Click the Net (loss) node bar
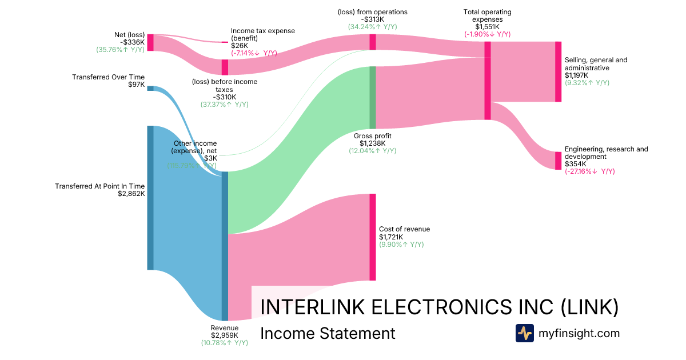150,42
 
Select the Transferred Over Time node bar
150,88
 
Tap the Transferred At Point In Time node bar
150,198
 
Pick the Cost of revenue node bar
372,237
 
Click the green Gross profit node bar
372,98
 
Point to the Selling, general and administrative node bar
558,71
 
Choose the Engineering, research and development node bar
558,161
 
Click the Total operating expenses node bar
488,81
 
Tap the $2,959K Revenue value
224,335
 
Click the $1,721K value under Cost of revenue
391,237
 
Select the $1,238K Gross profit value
372,143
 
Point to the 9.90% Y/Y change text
401,245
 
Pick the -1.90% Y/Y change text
488,34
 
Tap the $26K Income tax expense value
240,46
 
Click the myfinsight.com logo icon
524,333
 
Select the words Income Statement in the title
328,333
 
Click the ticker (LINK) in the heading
589,307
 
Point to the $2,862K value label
131,194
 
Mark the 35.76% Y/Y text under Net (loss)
120,50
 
